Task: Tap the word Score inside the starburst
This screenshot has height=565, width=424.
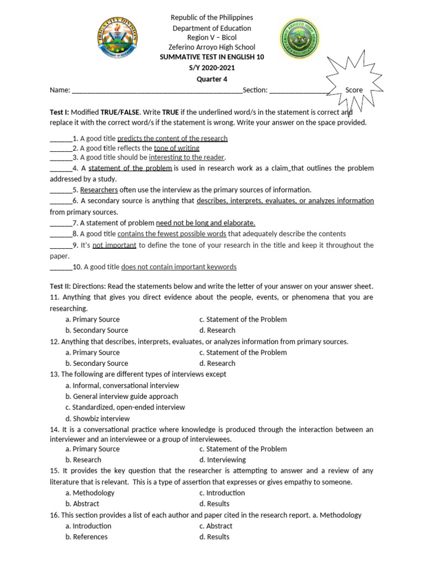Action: (x=354, y=90)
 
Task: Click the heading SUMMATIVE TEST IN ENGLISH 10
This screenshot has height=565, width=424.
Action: (x=211, y=58)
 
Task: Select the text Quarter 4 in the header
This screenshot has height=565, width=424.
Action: (x=211, y=79)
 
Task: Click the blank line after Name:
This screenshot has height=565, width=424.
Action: (x=157, y=90)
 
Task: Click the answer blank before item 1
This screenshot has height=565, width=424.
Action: (x=61, y=139)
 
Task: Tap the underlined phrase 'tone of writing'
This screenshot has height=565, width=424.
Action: (x=176, y=148)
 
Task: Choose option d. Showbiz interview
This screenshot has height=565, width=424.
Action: (x=97, y=418)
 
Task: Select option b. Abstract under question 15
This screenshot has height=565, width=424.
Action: (x=82, y=504)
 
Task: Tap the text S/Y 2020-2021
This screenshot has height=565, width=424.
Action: (x=211, y=68)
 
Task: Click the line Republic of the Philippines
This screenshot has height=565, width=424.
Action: (x=211, y=18)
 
